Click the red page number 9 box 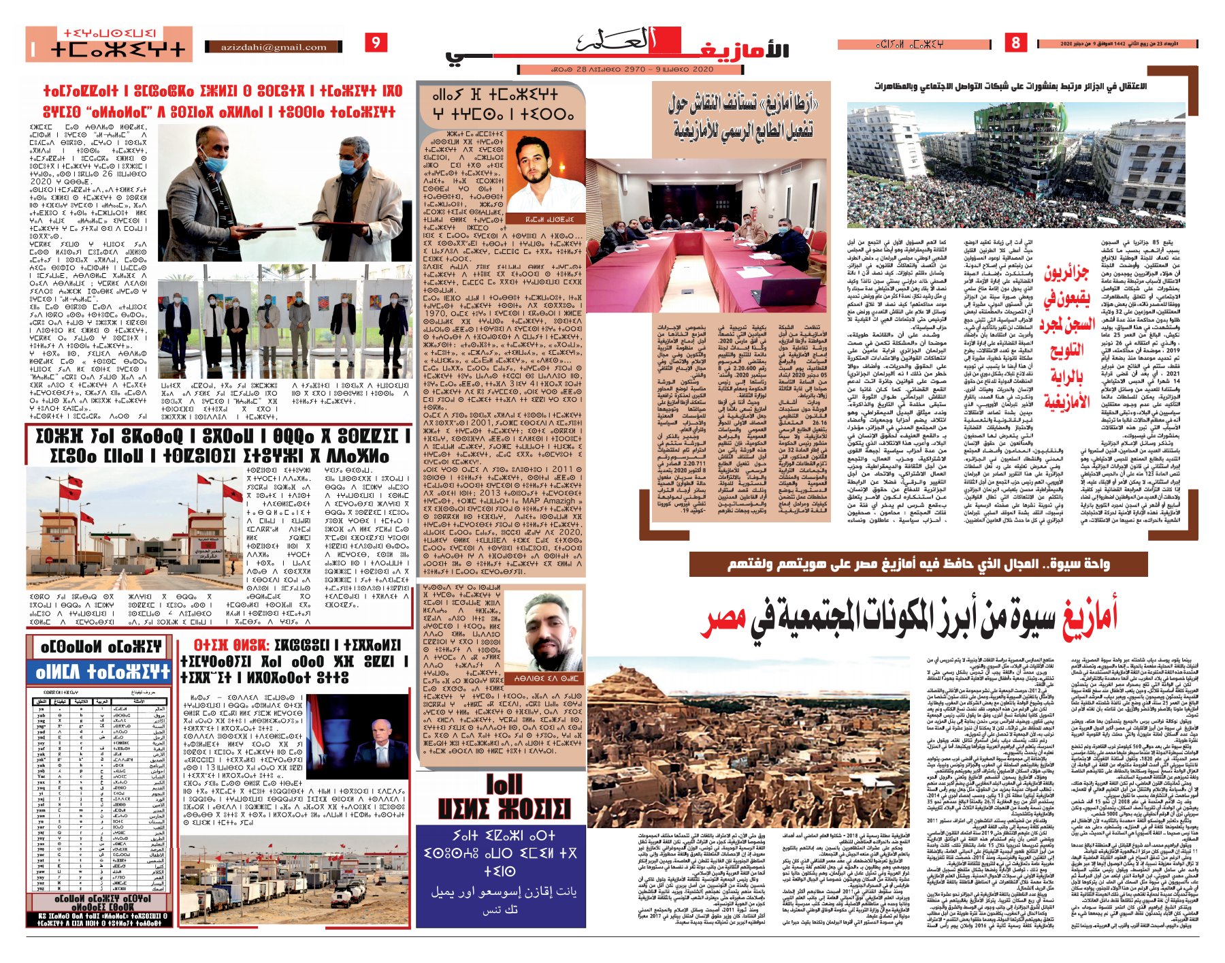pos(376,43)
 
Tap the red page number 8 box pos(1015,43)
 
